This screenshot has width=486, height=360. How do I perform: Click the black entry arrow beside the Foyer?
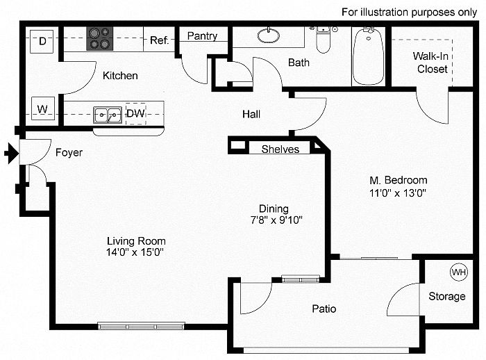point(12,153)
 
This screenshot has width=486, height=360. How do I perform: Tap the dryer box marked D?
point(42,41)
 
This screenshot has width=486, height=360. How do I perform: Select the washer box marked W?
point(43,108)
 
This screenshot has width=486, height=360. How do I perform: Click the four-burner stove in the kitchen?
point(99,38)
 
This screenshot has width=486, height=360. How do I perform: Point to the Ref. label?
point(159,40)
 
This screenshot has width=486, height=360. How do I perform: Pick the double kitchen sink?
point(108,115)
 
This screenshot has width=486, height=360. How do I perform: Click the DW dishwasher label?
point(135,113)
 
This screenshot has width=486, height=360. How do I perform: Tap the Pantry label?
point(202,36)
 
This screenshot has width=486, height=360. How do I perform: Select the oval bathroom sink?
point(269,35)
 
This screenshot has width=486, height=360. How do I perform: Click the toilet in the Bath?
point(324,40)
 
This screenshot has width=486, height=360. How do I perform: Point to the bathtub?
point(368,56)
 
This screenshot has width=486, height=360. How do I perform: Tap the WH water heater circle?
point(459,272)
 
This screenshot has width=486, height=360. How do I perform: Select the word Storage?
point(447,296)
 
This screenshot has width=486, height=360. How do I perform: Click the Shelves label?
point(280,149)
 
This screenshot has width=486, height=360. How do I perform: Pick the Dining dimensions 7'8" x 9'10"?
point(276,220)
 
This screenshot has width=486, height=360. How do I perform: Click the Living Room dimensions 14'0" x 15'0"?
point(135,252)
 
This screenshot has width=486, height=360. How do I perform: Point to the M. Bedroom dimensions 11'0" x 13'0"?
point(398,193)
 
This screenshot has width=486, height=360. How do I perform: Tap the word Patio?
point(324,309)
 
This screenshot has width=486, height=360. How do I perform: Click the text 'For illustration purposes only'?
point(409,13)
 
